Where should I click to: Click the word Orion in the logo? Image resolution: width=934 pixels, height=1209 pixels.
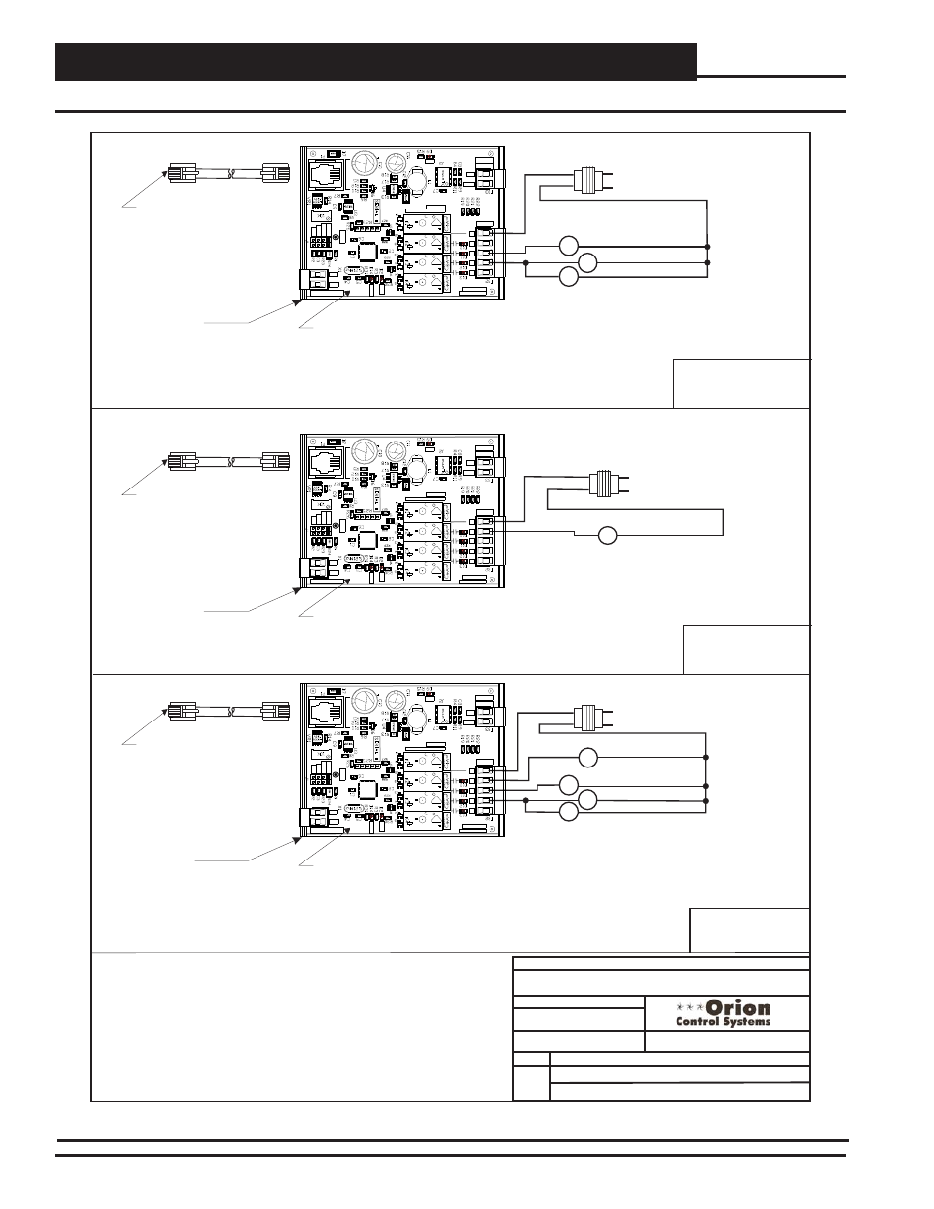(737, 1007)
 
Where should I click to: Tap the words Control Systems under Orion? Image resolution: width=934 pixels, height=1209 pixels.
(723, 1022)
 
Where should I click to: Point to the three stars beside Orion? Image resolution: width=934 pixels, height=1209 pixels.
(689, 1007)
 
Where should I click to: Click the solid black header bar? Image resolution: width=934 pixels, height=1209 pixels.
(376, 62)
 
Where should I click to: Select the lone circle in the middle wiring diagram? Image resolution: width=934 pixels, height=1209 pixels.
(607, 535)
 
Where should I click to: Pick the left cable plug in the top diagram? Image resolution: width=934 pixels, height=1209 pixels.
(181, 174)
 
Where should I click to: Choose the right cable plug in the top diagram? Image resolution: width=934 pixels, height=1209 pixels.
(277, 174)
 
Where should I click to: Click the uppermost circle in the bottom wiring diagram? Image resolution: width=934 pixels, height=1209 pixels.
(587, 757)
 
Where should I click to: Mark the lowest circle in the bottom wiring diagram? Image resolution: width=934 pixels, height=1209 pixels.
(568, 812)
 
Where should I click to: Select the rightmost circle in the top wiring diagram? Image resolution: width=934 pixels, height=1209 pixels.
(587, 262)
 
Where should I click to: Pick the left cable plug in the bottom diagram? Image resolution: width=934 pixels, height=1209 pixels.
(181, 712)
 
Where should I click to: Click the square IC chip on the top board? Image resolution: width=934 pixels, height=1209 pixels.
(367, 251)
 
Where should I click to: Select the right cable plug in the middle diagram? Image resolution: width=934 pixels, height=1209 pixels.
(277, 460)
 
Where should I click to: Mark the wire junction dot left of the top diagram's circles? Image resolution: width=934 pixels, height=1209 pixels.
(526, 263)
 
